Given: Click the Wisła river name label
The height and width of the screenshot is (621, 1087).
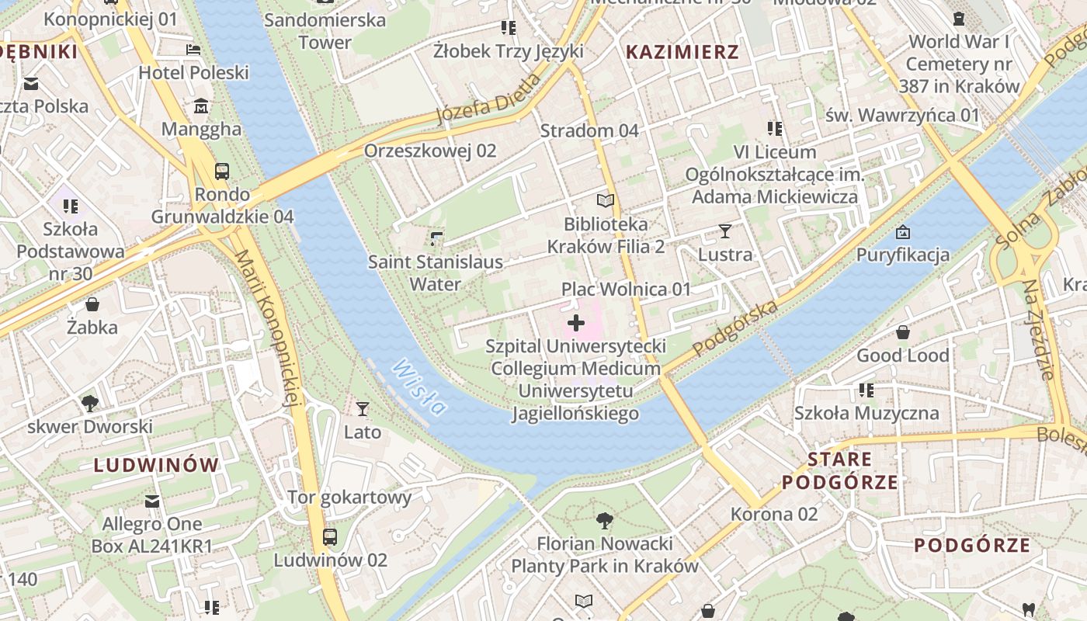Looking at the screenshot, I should (x=420, y=387).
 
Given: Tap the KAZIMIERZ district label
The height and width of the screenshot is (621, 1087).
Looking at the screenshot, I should (x=682, y=52).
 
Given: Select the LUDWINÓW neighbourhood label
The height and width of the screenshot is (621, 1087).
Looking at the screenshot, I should (x=156, y=465).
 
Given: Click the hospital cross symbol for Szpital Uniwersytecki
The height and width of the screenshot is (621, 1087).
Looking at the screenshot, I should (x=575, y=323).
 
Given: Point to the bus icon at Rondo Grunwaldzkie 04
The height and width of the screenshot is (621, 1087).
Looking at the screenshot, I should (x=222, y=171).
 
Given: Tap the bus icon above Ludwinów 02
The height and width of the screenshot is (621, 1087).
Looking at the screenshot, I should (x=330, y=536).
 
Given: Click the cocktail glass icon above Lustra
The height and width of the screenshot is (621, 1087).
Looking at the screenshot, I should (x=725, y=231).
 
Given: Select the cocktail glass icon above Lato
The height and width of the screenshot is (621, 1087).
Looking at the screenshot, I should (x=362, y=408).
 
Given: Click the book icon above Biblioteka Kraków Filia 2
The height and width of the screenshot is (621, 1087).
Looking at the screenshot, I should (x=606, y=200).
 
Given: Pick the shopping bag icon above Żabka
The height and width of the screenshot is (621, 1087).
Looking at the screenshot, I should (x=92, y=304).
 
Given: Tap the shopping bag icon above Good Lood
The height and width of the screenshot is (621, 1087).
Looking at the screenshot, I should (x=903, y=332).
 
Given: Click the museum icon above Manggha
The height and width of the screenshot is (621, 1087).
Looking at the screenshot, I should (x=202, y=106).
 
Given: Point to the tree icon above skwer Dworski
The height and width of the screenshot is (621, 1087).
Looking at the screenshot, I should (x=90, y=403).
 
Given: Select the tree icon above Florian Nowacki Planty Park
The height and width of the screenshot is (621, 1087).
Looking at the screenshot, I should (x=605, y=520).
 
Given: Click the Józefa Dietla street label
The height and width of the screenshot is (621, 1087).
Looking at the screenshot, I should (x=488, y=99).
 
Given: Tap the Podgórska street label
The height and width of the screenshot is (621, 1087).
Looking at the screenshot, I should (x=735, y=328).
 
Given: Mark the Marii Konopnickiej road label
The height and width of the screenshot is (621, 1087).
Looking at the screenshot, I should (x=268, y=326).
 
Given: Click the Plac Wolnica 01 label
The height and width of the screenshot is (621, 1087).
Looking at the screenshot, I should (x=626, y=289).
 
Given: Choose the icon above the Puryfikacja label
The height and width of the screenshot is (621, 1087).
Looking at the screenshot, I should (x=903, y=231).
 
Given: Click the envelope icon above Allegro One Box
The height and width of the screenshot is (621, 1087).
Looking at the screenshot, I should (x=152, y=501).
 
